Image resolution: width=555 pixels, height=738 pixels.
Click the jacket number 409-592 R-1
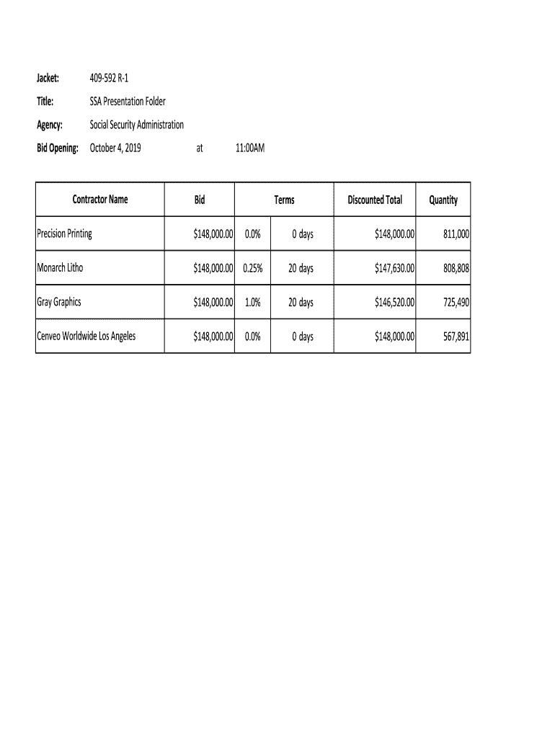[109, 78]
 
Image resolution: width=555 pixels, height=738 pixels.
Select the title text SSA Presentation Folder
[128, 102]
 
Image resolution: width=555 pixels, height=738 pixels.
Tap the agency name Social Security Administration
[136, 125]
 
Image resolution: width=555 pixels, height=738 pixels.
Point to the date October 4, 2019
[115, 148]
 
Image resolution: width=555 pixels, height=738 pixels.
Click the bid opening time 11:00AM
[250, 148]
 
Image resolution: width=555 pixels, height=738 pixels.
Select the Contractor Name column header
[99, 200]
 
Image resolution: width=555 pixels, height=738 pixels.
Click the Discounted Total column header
[375, 200]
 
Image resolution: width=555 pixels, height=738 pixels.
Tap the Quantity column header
[443, 200]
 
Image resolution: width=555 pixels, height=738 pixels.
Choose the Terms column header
[284, 200]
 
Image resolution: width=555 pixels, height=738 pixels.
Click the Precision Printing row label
[64, 234]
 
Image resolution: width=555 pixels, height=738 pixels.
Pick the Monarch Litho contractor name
[60, 268]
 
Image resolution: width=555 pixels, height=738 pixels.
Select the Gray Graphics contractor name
[58, 302]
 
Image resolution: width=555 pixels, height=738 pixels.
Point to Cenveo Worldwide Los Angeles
[86, 336]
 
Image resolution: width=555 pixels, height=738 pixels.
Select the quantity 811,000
[456, 234]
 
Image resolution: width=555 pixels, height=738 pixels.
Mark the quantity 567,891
[456, 336]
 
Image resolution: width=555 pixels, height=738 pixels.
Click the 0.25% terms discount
[252, 268]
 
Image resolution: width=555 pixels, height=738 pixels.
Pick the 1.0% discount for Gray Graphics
[252, 302]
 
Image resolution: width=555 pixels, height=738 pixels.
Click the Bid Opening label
[58, 148]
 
